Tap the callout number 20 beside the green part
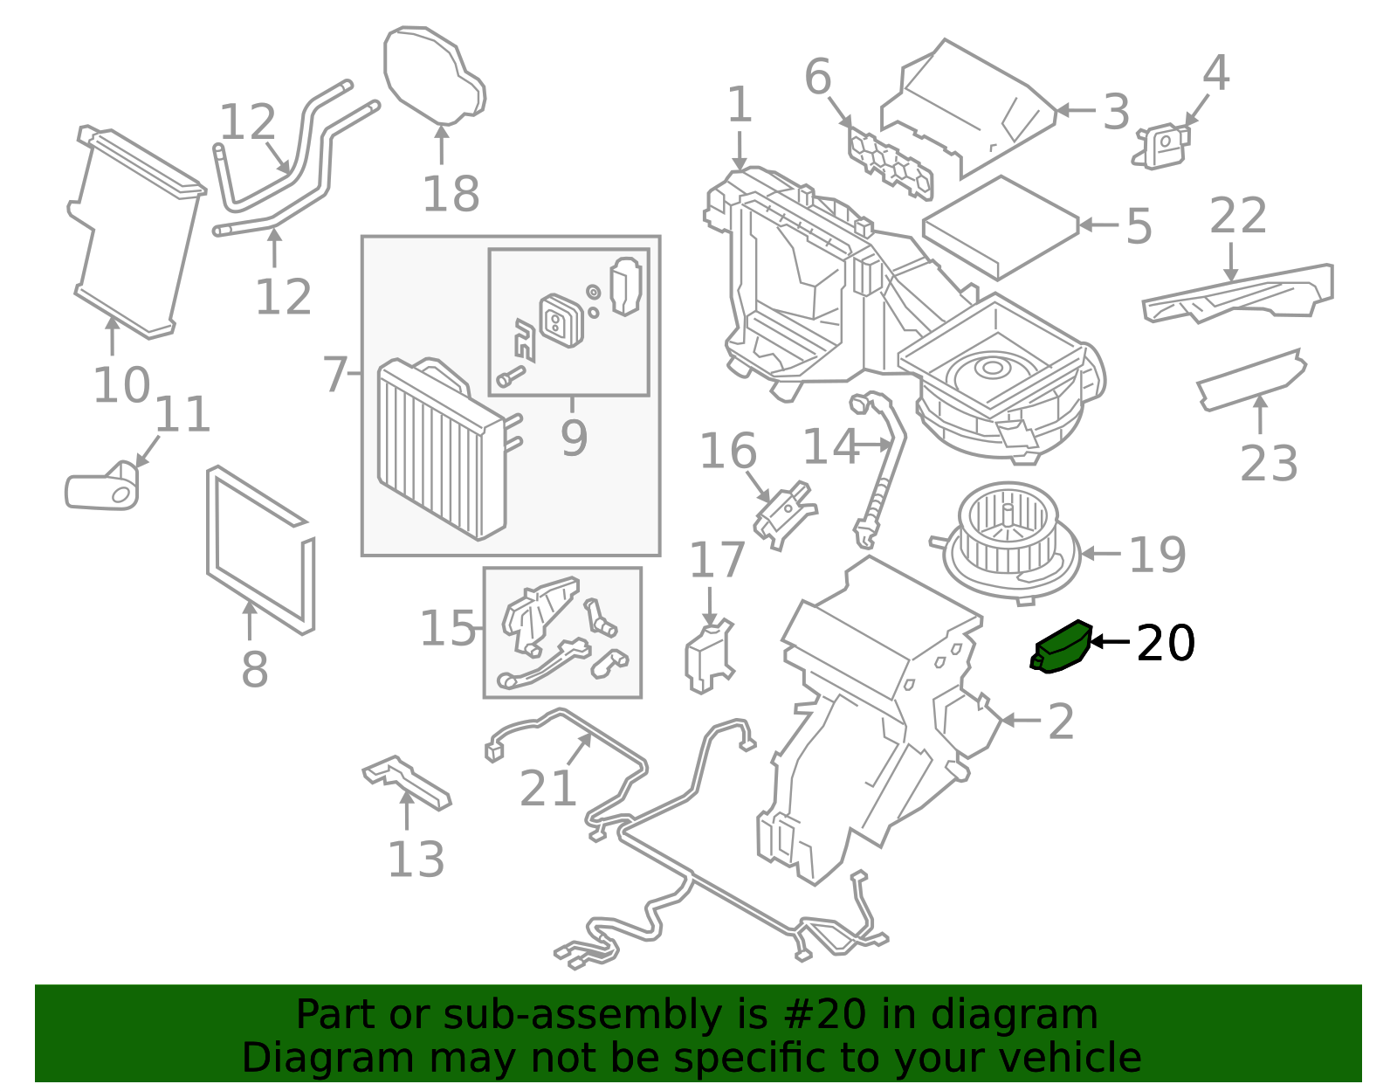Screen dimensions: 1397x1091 pyautogui.click(x=1166, y=643)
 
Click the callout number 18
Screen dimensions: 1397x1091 pyautogui.click(x=451, y=193)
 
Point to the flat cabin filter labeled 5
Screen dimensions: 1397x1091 pyautogui.click(x=1001, y=227)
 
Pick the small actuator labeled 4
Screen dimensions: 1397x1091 pyautogui.click(x=1162, y=146)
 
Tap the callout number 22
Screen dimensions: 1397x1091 pyautogui.click(x=1237, y=216)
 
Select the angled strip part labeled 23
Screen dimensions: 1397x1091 pyautogui.click(x=1250, y=380)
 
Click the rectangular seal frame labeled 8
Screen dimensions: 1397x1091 pyautogui.click(x=260, y=551)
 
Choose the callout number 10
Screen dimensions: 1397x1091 pyautogui.click(x=121, y=385)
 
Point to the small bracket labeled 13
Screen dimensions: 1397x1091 pyautogui.click(x=407, y=783)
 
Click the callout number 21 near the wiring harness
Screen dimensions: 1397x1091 pyautogui.click(x=547, y=788)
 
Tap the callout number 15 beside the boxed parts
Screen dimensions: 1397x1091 pyautogui.click(x=447, y=628)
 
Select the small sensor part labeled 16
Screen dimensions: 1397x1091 pyautogui.click(x=785, y=515)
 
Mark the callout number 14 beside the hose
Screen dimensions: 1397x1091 pyautogui.click(x=831, y=445)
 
